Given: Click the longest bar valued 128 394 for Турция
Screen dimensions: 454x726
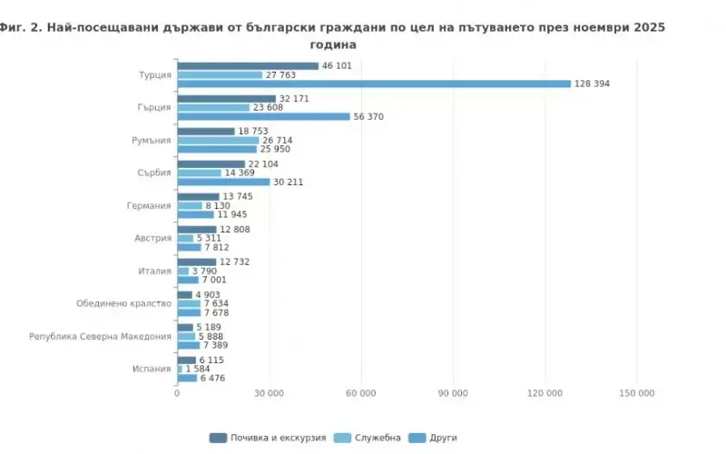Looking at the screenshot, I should coord(374,84).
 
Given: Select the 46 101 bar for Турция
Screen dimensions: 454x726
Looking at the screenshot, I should coord(248,65).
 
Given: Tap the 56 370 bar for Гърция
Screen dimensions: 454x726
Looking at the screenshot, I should coord(263,116).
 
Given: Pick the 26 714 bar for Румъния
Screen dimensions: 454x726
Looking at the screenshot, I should coord(218,141).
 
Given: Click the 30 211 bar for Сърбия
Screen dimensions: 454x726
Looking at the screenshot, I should coord(223,182).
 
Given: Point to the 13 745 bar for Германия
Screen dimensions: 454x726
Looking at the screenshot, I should coord(198,196).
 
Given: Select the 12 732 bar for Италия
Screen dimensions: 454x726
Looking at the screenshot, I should coord(196,262).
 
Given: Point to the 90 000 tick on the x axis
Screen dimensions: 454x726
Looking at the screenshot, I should coord(453,393).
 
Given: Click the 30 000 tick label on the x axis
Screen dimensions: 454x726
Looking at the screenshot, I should coord(269,393).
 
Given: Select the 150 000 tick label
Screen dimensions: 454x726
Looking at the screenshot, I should coord(636,393).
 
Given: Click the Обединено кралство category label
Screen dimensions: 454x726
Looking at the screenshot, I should coord(123,303).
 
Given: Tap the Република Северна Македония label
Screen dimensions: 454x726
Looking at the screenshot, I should coord(100,336).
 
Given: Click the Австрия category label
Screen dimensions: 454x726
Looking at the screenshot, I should coord(152,238).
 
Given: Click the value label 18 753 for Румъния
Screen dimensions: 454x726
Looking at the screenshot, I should coord(253,131).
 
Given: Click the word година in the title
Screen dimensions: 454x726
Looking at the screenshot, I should coord(333,44).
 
